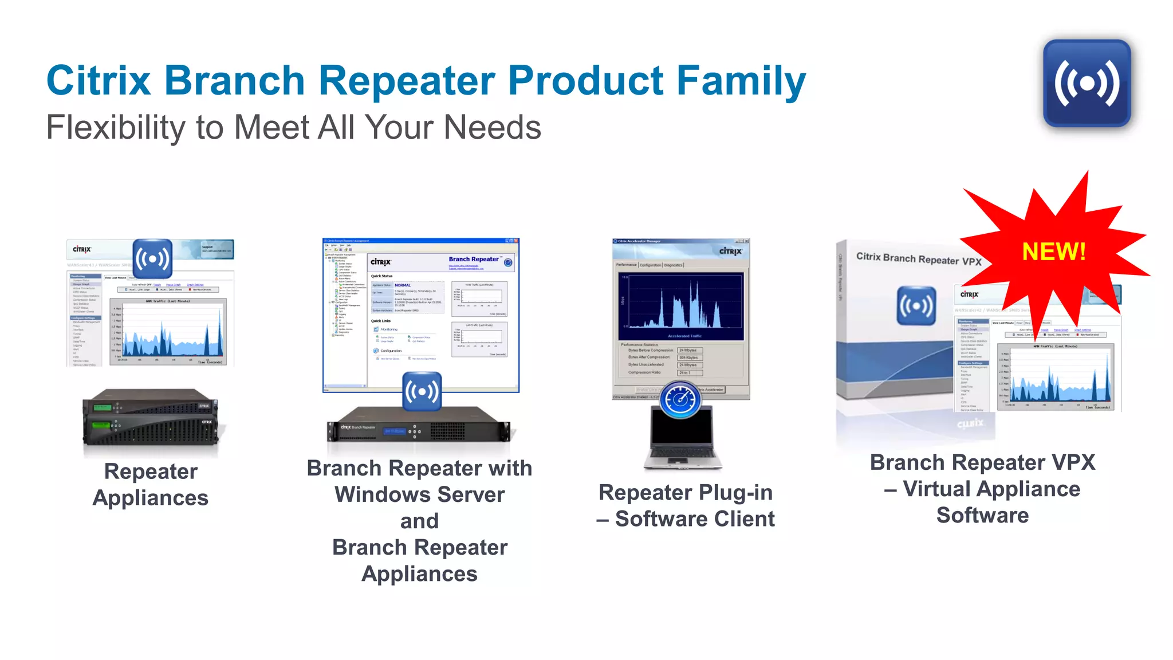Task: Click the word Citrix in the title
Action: point(98,80)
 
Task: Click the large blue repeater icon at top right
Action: point(1087,84)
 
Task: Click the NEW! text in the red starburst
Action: point(1053,252)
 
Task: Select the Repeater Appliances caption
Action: point(151,484)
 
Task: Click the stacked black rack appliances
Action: point(151,417)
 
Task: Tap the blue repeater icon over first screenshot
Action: point(152,258)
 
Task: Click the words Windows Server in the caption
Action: point(419,494)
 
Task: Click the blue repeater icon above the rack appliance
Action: point(422,391)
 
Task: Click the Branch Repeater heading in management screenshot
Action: point(473,260)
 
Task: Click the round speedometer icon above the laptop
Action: point(680,399)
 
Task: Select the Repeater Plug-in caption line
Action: point(685,493)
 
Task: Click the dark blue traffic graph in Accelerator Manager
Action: point(681,307)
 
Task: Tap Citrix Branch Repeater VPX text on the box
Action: point(918,259)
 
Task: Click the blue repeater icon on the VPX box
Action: point(916,305)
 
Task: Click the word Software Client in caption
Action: point(694,519)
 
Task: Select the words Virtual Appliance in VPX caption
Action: point(991,489)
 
